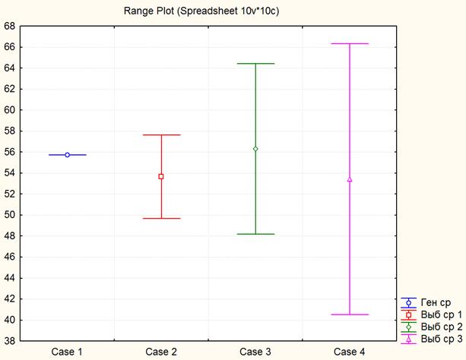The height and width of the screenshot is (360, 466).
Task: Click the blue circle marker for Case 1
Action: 68,155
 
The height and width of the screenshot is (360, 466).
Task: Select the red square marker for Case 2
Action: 161,176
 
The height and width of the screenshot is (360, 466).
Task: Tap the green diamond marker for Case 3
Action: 255,149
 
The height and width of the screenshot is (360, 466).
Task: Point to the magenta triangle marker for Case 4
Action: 350,179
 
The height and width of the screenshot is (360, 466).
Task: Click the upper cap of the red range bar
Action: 161,135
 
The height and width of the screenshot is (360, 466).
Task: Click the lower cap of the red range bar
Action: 161,219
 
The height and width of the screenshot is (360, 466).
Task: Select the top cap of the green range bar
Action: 255,64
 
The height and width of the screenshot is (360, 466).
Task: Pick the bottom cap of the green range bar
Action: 255,234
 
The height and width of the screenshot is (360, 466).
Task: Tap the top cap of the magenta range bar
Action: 350,44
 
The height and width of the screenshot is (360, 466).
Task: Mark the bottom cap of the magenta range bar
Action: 350,314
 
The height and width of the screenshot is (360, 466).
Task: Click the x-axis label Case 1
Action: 67,351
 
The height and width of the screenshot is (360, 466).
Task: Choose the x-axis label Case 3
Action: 255,351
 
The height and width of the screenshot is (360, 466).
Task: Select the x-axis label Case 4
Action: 350,351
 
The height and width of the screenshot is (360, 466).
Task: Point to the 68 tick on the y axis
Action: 10,26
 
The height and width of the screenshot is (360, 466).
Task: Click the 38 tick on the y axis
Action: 10,341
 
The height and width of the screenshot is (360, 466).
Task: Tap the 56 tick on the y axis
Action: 10,152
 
